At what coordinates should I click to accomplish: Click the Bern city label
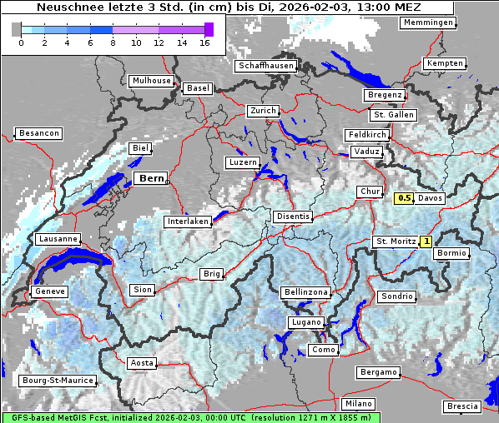(x=151, y=178)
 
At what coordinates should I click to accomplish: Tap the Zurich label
(x=262, y=111)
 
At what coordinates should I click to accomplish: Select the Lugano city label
(x=305, y=322)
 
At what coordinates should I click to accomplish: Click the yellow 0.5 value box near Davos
(x=404, y=198)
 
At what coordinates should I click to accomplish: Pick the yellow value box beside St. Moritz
(x=426, y=241)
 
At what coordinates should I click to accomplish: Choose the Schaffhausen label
(x=265, y=66)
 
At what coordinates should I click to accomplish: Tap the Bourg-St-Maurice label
(x=57, y=381)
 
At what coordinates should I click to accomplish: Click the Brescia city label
(x=462, y=406)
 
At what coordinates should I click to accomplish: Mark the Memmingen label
(x=428, y=22)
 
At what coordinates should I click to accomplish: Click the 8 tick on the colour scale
(x=113, y=42)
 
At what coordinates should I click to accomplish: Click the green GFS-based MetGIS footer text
(x=190, y=416)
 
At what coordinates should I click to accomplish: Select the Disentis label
(x=292, y=216)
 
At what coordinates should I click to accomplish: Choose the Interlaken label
(x=187, y=221)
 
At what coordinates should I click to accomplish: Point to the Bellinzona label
(x=305, y=292)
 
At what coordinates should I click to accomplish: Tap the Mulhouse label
(x=151, y=81)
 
